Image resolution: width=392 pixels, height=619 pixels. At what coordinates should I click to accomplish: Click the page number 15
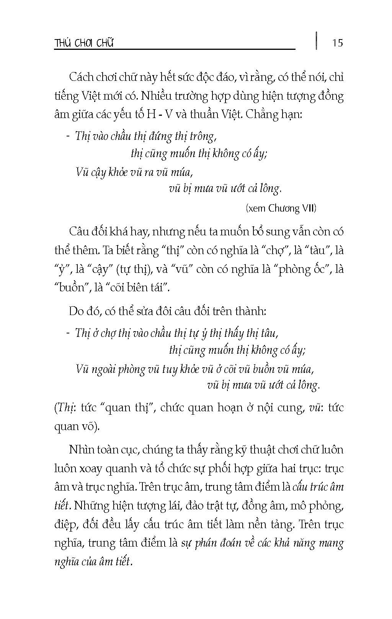pyautogui.click(x=338, y=43)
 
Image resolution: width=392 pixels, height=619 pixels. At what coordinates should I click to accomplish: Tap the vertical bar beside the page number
pyautogui.click(x=317, y=40)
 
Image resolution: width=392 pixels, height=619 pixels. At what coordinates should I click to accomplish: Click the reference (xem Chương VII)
pyautogui.click(x=281, y=208)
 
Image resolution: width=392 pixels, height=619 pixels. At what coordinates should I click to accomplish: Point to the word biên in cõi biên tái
pyautogui.click(x=134, y=287)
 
